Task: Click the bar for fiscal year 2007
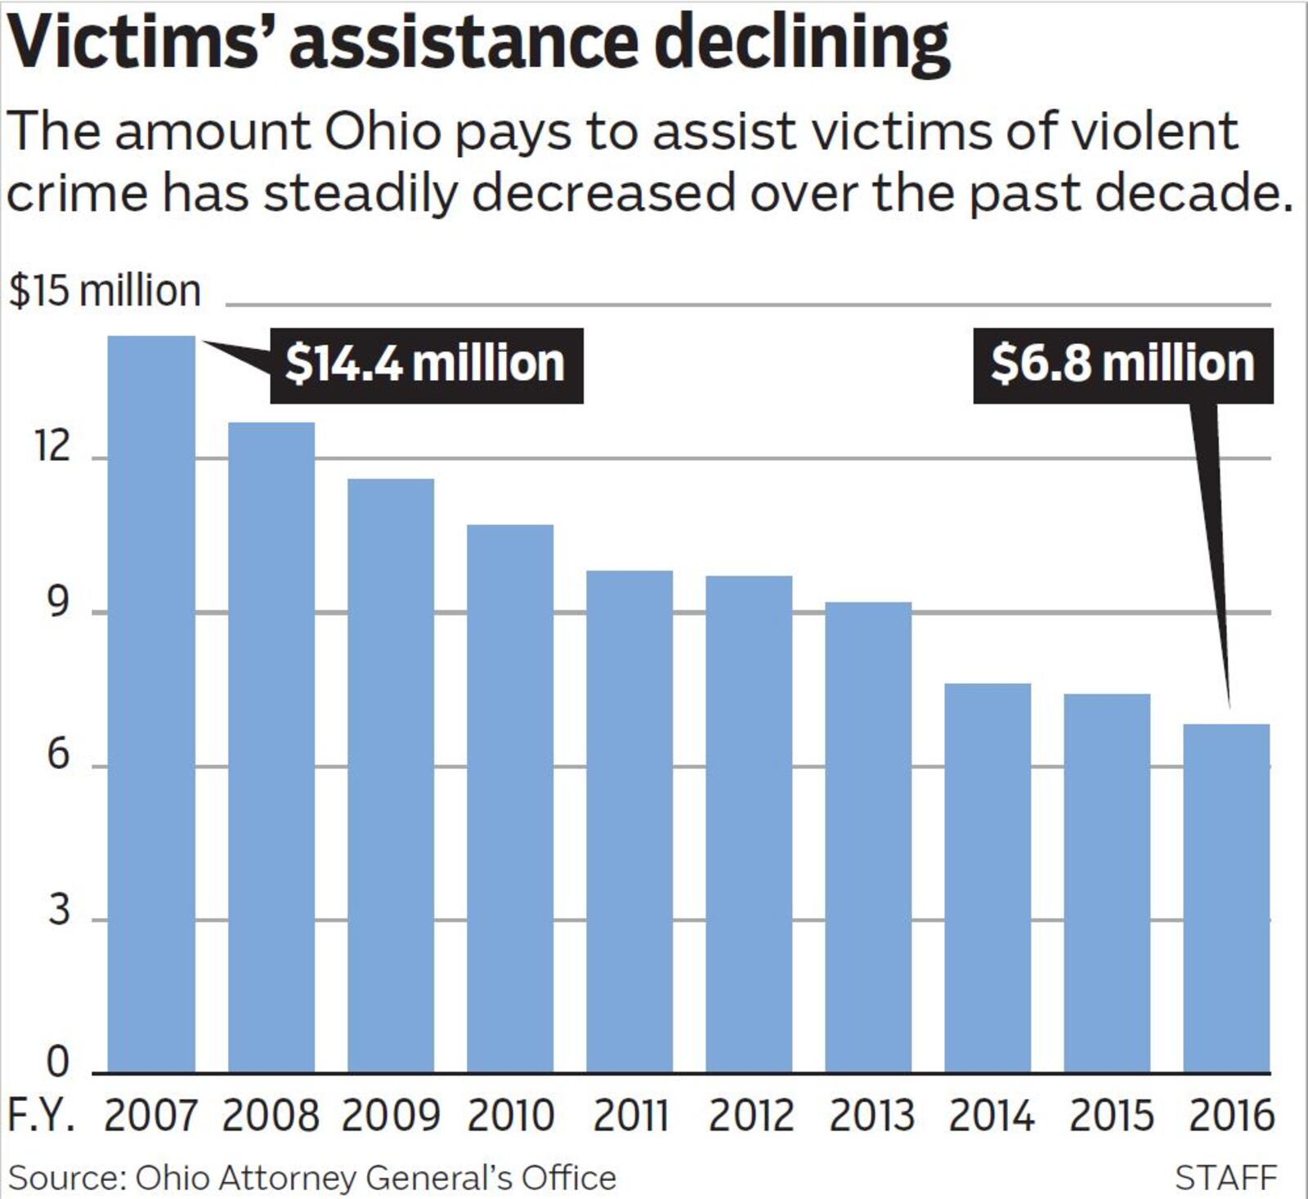(x=151, y=703)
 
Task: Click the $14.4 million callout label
(x=426, y=365)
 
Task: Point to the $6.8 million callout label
(x=1122, y=365)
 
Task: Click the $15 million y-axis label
(x=105, y=291)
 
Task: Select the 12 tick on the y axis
(x=52, y=447)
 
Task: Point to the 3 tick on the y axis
(x=57, y=909)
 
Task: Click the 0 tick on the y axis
(x=57, y=1062)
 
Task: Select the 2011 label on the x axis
(x=630, y=1115)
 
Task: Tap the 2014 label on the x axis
(x=991, y=1115)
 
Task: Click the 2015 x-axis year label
(x=1110, y=1115)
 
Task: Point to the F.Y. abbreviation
(x=42, y=1115)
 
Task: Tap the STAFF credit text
(x=1225, y=1178)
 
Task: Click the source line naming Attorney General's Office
(x=311, y=1178)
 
